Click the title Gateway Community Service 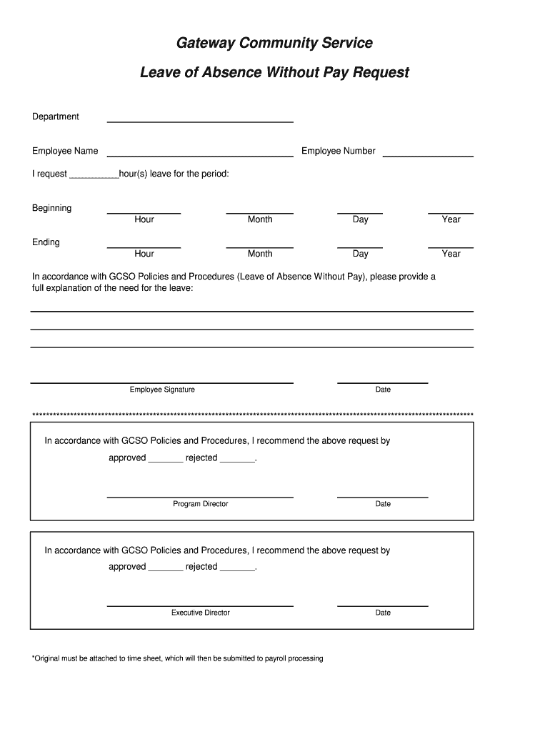274,44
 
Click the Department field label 56,117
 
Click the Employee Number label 338,151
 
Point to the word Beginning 51,208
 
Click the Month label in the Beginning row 260,219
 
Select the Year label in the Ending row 451,254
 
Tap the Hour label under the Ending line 144,254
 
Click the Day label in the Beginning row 360,219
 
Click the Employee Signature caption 162,390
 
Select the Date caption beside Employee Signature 383,390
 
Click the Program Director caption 201,504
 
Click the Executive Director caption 201,613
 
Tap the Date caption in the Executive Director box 383,613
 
